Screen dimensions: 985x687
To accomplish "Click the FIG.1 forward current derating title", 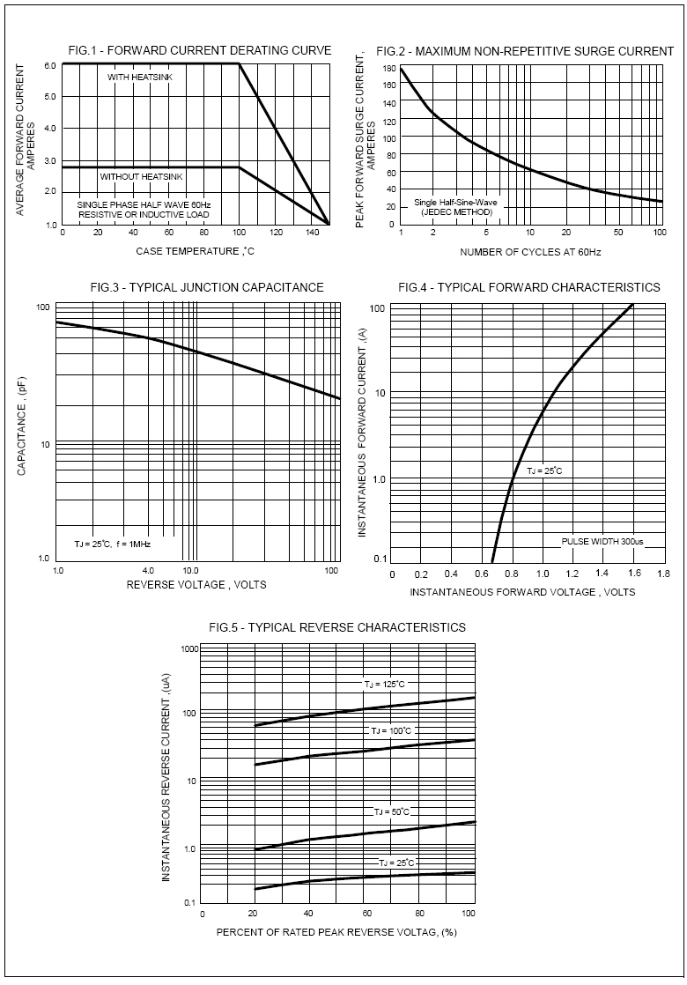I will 200,51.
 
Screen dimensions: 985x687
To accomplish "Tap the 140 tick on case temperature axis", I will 311,233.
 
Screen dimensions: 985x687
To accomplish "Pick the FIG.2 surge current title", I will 525,51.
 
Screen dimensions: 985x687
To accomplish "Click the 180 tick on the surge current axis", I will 388,68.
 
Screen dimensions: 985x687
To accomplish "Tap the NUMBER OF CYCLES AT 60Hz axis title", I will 530,253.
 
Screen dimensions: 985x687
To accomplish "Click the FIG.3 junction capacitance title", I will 207,287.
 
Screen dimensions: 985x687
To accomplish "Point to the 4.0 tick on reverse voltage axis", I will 148,570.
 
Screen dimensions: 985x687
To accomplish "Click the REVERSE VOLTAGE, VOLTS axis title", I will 196,584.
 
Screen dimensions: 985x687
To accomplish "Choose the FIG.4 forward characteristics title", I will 528,287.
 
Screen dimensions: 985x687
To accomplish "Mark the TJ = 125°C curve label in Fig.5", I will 385,684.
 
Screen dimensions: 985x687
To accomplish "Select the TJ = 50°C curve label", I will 391,811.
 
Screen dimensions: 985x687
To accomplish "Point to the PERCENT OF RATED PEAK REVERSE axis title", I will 336,931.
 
